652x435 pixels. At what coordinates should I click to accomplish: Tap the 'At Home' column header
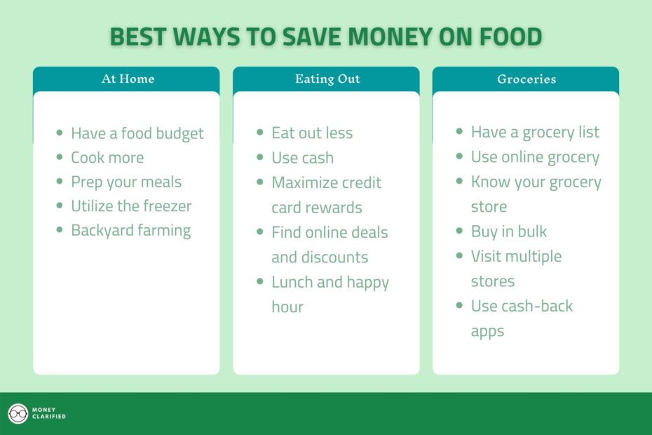(x=128, y=79)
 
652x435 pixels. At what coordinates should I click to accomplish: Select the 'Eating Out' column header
(x=327, y=79)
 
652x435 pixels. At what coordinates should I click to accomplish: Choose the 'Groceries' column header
(x=527, y=79)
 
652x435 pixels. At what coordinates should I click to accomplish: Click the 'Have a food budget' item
(x=137, y=133)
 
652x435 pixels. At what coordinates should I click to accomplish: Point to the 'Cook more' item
(x=107, y=157)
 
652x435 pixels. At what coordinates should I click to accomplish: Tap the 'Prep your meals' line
(x=125, y=182)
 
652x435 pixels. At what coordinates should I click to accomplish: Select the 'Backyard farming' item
(x=130, y=230)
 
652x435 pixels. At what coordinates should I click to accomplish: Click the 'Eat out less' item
(x=312, y=133)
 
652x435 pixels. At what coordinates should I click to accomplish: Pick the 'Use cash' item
(x=302, y=158)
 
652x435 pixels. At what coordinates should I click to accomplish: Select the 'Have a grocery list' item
(x=535, y=132)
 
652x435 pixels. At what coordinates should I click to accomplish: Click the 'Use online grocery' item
(x=535, y=157)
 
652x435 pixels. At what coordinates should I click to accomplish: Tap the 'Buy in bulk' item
(x=508, y=232)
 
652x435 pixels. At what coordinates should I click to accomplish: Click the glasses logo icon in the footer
(x=18, y=414)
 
